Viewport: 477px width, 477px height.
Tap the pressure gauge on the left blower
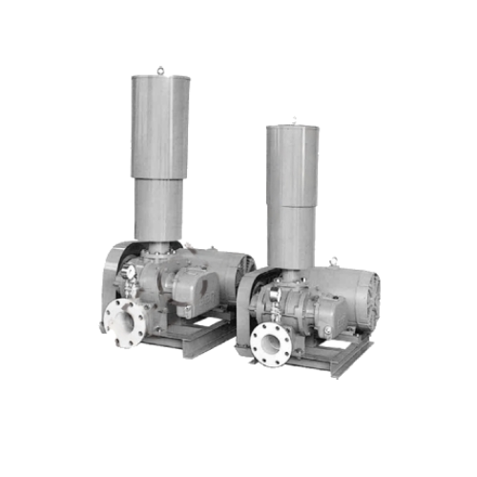[x=127, y=273]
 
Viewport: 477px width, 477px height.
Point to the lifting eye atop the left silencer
[x=160, y=70]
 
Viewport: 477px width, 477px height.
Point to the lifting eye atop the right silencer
[x=293, y=120]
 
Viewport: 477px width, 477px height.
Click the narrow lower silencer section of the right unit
[x=291, y=237]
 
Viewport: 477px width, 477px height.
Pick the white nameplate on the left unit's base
[x=207, y=324]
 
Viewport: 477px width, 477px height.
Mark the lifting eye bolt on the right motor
[x=333, y=260]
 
